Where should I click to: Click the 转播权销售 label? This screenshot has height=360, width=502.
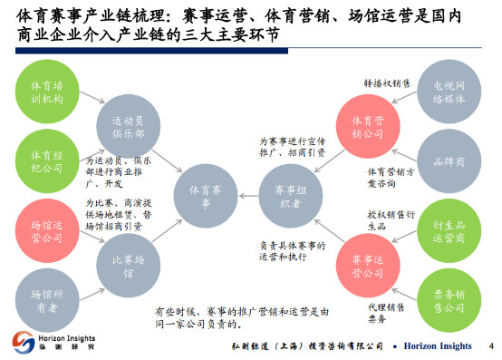click(389, 83)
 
